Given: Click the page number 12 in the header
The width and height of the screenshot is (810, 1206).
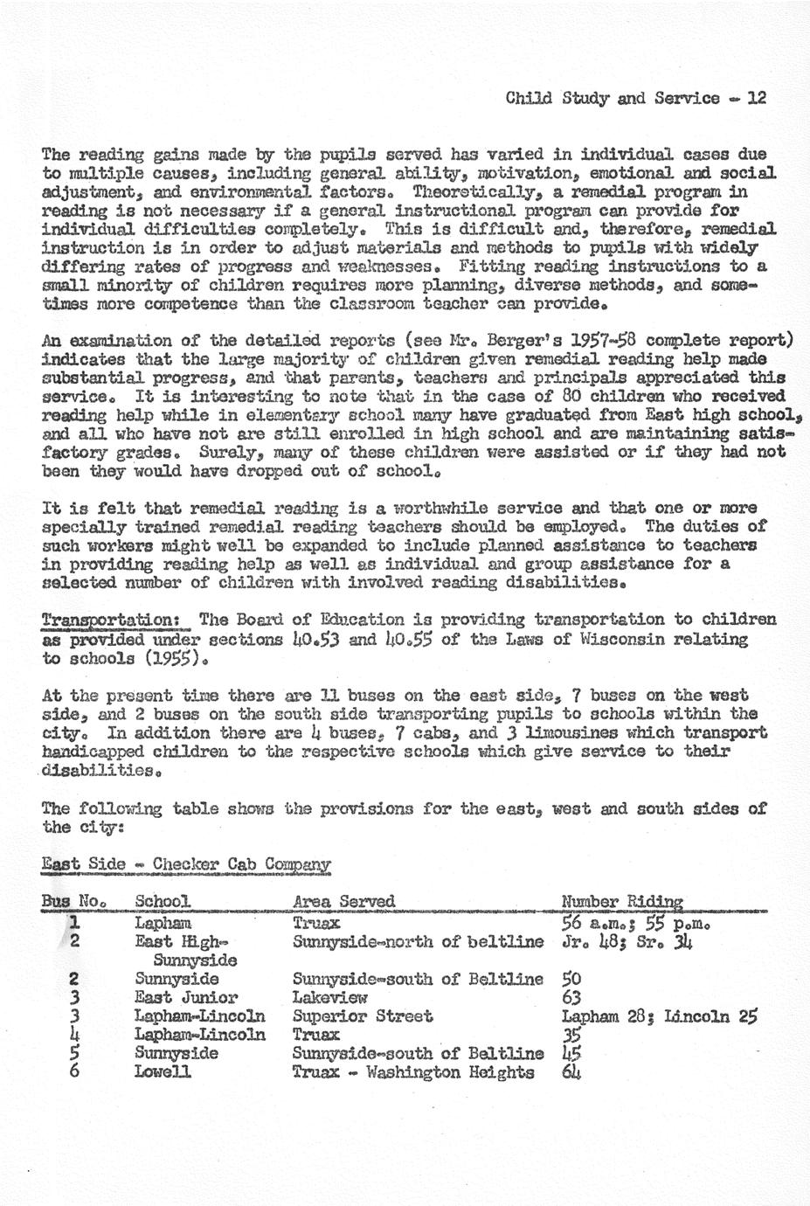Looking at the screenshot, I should (757, 99).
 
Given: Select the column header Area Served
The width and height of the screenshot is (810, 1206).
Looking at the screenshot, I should (343, 901).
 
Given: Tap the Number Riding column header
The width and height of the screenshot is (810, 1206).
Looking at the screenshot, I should (621, 901).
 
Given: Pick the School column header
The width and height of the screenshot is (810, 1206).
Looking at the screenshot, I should (162, 901).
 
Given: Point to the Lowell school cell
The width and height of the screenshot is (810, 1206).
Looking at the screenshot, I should (163, 1071).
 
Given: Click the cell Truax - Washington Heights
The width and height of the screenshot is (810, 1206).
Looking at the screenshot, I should (412, 1071).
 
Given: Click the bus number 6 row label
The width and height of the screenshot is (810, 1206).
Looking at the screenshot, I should (74, 1071).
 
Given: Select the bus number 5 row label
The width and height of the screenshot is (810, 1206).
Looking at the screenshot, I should (74, 1053).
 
